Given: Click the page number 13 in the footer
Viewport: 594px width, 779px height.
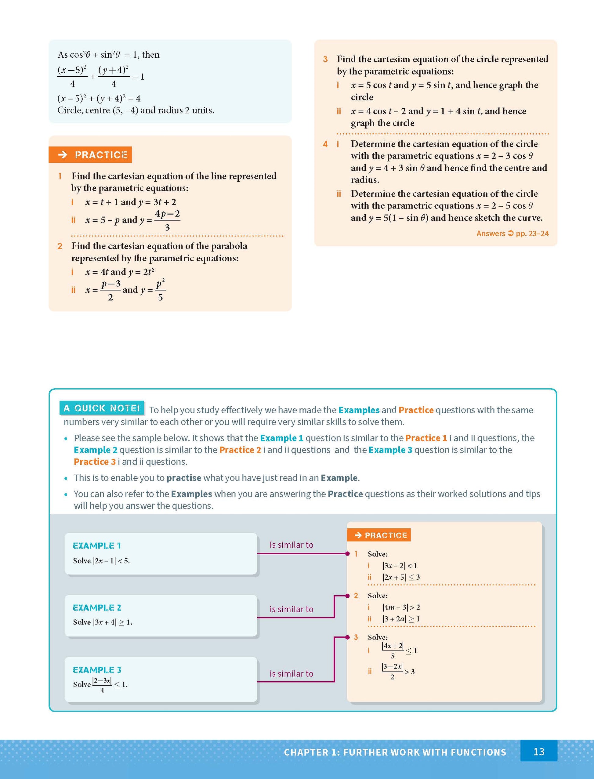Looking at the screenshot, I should [x=538, y=752].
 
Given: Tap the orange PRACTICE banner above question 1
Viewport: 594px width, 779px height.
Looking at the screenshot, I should [x=90, y=154].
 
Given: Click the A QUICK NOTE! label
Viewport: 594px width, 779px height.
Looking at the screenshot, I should [x=101, y=408].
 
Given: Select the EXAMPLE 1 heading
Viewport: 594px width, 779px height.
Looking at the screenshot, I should [x=96, y=545].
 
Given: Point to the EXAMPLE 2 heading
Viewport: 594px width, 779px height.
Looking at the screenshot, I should [x=97, y=607].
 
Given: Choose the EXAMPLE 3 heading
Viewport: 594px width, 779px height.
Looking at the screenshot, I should [x=97, y=670].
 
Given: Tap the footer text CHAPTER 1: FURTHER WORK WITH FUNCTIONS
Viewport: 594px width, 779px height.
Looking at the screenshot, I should [x=395, y=752].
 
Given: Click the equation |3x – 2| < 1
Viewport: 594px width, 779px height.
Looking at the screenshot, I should [x=400, y=565].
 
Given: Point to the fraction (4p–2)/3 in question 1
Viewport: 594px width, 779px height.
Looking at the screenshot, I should [x=167, y=220].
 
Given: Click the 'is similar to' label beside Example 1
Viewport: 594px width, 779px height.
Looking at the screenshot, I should [x=291, y=545].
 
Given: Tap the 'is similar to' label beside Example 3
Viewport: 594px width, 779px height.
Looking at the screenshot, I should [x=291, y=674].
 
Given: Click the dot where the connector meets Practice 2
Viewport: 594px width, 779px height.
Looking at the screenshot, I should [x=348, y=596].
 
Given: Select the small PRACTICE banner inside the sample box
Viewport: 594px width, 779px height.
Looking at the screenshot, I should [x=379, y=535].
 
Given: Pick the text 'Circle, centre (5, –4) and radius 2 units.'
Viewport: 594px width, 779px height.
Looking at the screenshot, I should [x=136, y=110].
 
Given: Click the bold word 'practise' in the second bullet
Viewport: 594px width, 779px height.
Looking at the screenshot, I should [x=183, y=478].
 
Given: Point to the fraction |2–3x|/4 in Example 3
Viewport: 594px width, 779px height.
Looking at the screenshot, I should [x=102, y=685].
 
